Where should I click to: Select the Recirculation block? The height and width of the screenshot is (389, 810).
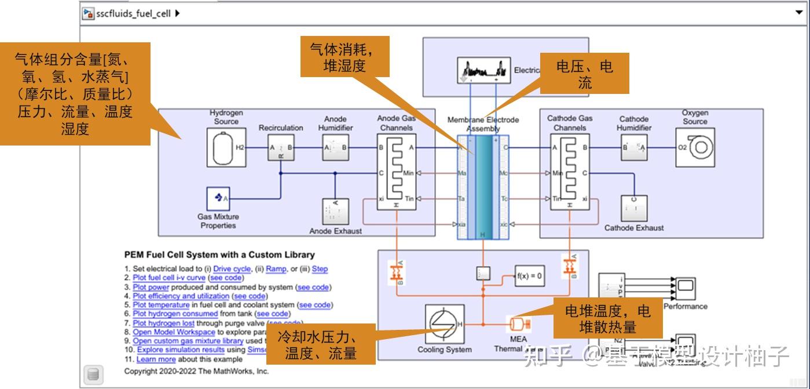(281, 148)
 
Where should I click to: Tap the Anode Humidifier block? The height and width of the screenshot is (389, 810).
(335, 148)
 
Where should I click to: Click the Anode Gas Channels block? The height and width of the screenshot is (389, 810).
(397, 172)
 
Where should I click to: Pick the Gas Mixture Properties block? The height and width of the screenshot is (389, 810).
(218, 199)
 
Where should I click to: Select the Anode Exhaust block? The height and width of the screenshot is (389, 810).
(335, 212)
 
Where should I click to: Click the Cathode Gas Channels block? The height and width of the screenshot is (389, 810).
(570, 172)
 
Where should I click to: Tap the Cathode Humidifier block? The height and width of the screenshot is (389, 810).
(634, 148)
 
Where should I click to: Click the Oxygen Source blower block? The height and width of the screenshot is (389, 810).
(695, 148)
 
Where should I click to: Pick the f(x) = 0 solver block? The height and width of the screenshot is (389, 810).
(529, 276)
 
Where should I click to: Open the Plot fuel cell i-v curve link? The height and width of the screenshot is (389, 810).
(169, 278)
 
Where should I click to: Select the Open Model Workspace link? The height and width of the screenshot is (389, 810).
(174, 332)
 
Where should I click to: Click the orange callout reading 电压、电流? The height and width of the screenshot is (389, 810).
(584, 74)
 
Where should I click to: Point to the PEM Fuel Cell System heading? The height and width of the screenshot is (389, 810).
(219, 255)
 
